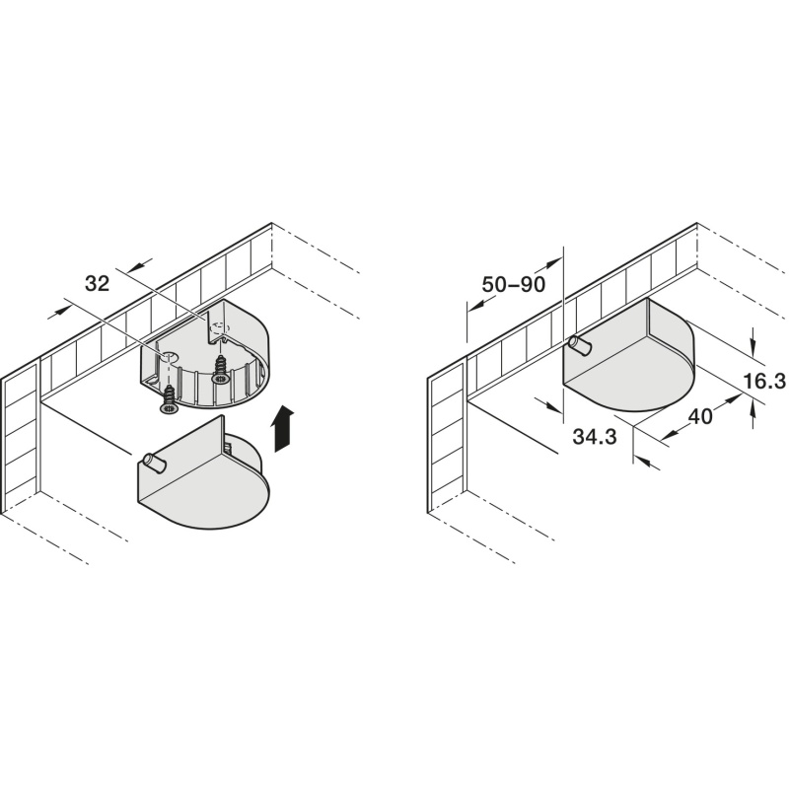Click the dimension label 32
(97, 284)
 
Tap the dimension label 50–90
(514, 284)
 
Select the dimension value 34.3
(595, 435)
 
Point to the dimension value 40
(700, 416)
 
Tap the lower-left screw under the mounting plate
(170, 394)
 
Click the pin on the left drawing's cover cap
(153, 461)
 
